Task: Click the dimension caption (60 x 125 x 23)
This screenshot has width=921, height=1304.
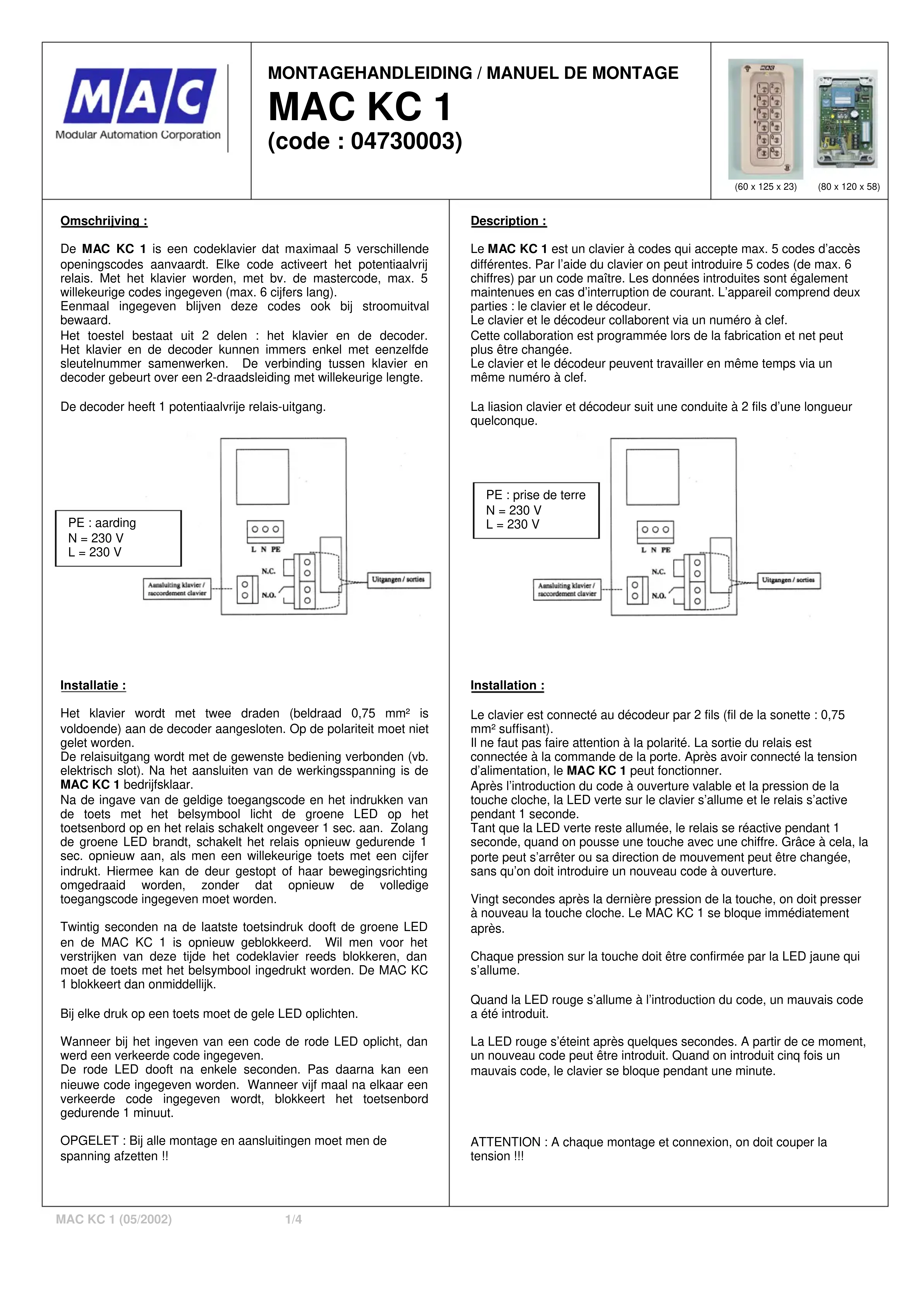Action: click(765, 187)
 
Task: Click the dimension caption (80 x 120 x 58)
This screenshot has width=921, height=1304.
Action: click(848, 187)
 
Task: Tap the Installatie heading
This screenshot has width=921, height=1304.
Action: click(93, 686)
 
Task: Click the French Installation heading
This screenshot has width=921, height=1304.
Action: click(507, 686)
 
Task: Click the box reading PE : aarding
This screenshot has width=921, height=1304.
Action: click(118, 538)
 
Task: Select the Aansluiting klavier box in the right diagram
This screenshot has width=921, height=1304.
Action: click(567, 589)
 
